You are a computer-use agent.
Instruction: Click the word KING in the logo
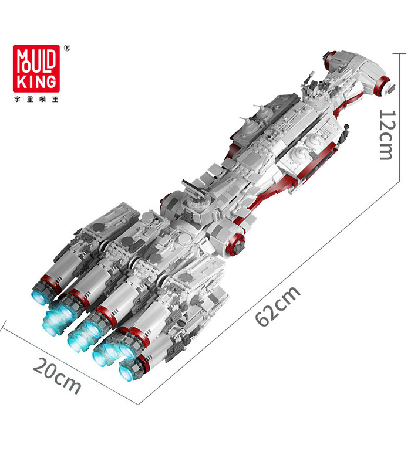click(36, 81)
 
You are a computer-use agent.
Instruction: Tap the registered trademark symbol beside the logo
click(68, 48)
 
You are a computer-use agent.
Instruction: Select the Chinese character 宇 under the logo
click(18, 99)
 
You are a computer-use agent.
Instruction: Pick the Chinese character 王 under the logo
click(55, 99)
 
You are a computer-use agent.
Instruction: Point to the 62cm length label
click(277, 305)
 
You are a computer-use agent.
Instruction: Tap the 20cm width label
click(56, 376)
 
